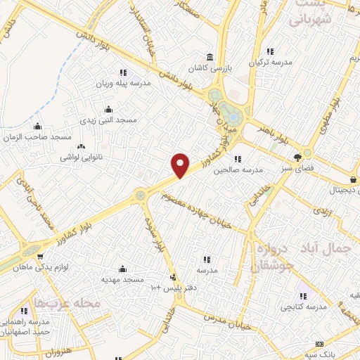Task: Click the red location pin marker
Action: [x=181, y=165]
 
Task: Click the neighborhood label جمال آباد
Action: [x=325, y=249]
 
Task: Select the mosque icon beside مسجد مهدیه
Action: [x=122, y=268]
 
